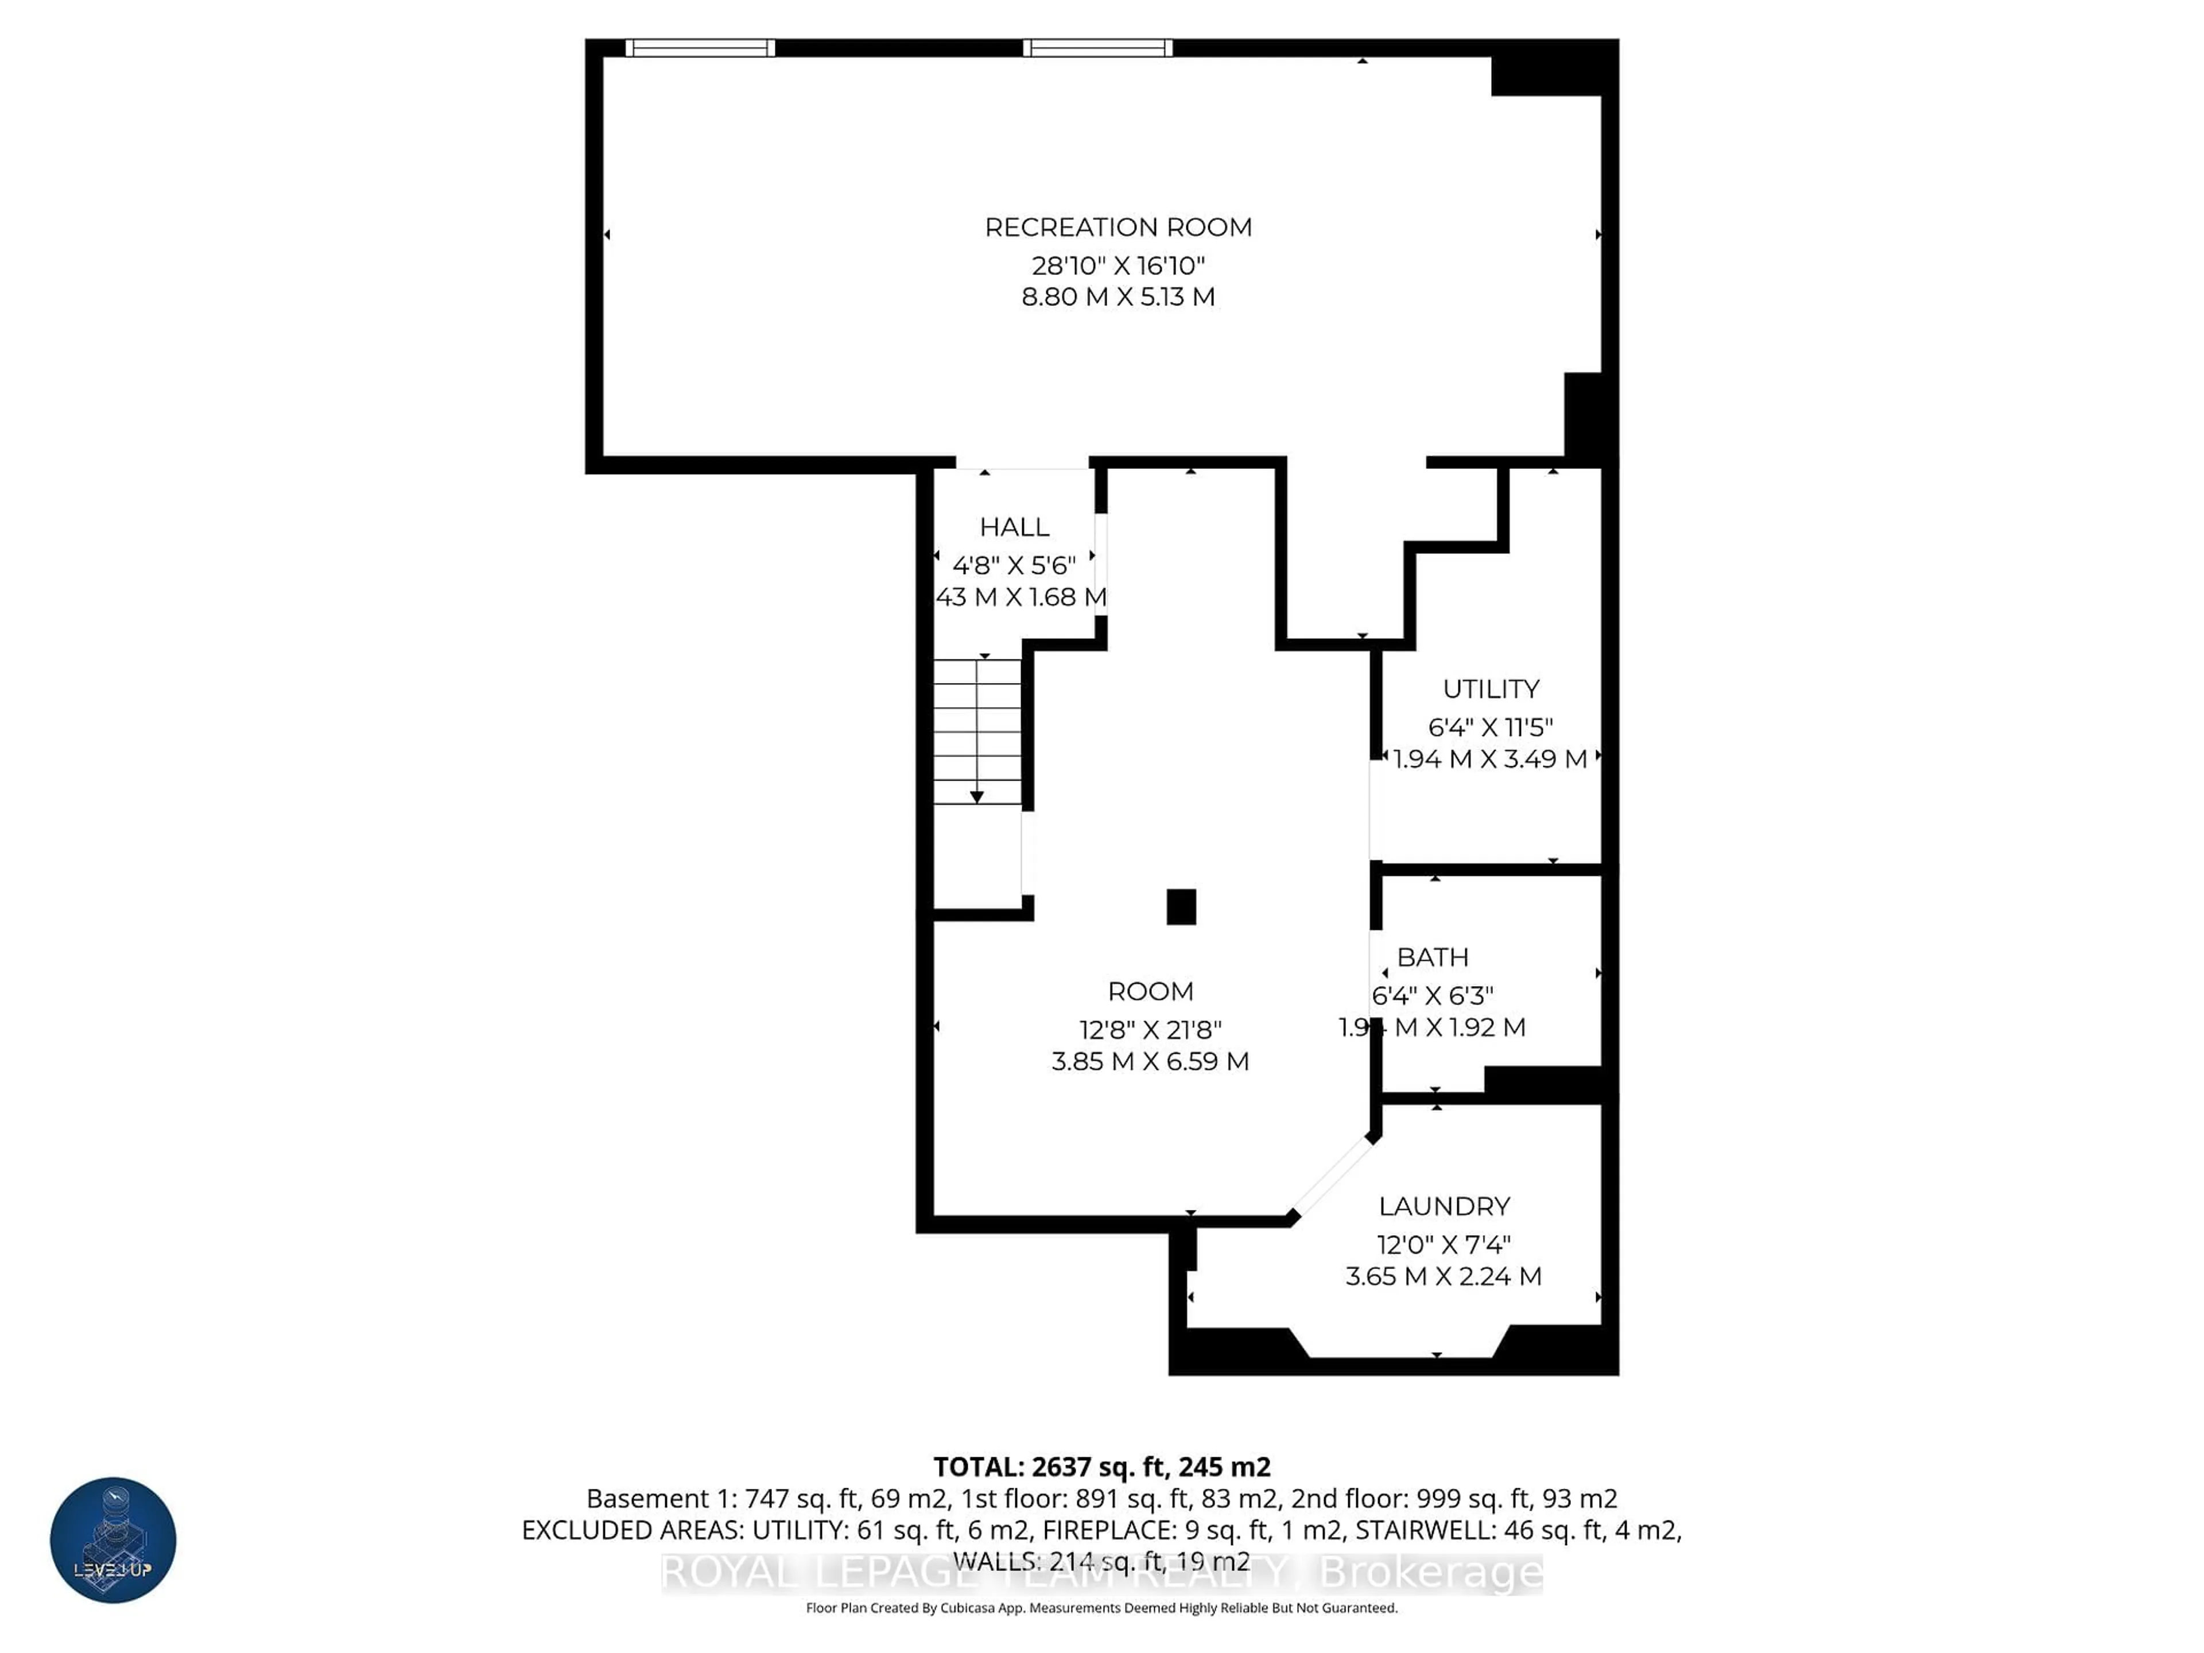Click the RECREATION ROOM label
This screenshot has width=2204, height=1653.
[x=1118, y=227]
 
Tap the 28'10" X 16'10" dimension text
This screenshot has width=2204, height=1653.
[x=1118, y=266]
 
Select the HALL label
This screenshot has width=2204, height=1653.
[x=1014, y=527]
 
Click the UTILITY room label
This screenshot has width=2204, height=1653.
[x=1491, y=689]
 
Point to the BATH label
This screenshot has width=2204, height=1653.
[x=1433, y=957]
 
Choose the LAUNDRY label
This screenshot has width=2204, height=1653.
[x=1444, y=1206]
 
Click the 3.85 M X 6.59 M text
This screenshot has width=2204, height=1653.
[x=1150, y=1061]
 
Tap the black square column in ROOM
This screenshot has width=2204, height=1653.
[x=1181, y=907]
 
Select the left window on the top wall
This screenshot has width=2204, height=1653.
[x=700, y=48]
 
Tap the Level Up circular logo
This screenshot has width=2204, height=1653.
[x=114, y=1539]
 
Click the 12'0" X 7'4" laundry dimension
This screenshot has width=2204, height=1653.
[x=1444, y=1244]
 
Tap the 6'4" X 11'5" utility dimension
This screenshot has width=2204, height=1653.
[x=1491, y=727]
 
